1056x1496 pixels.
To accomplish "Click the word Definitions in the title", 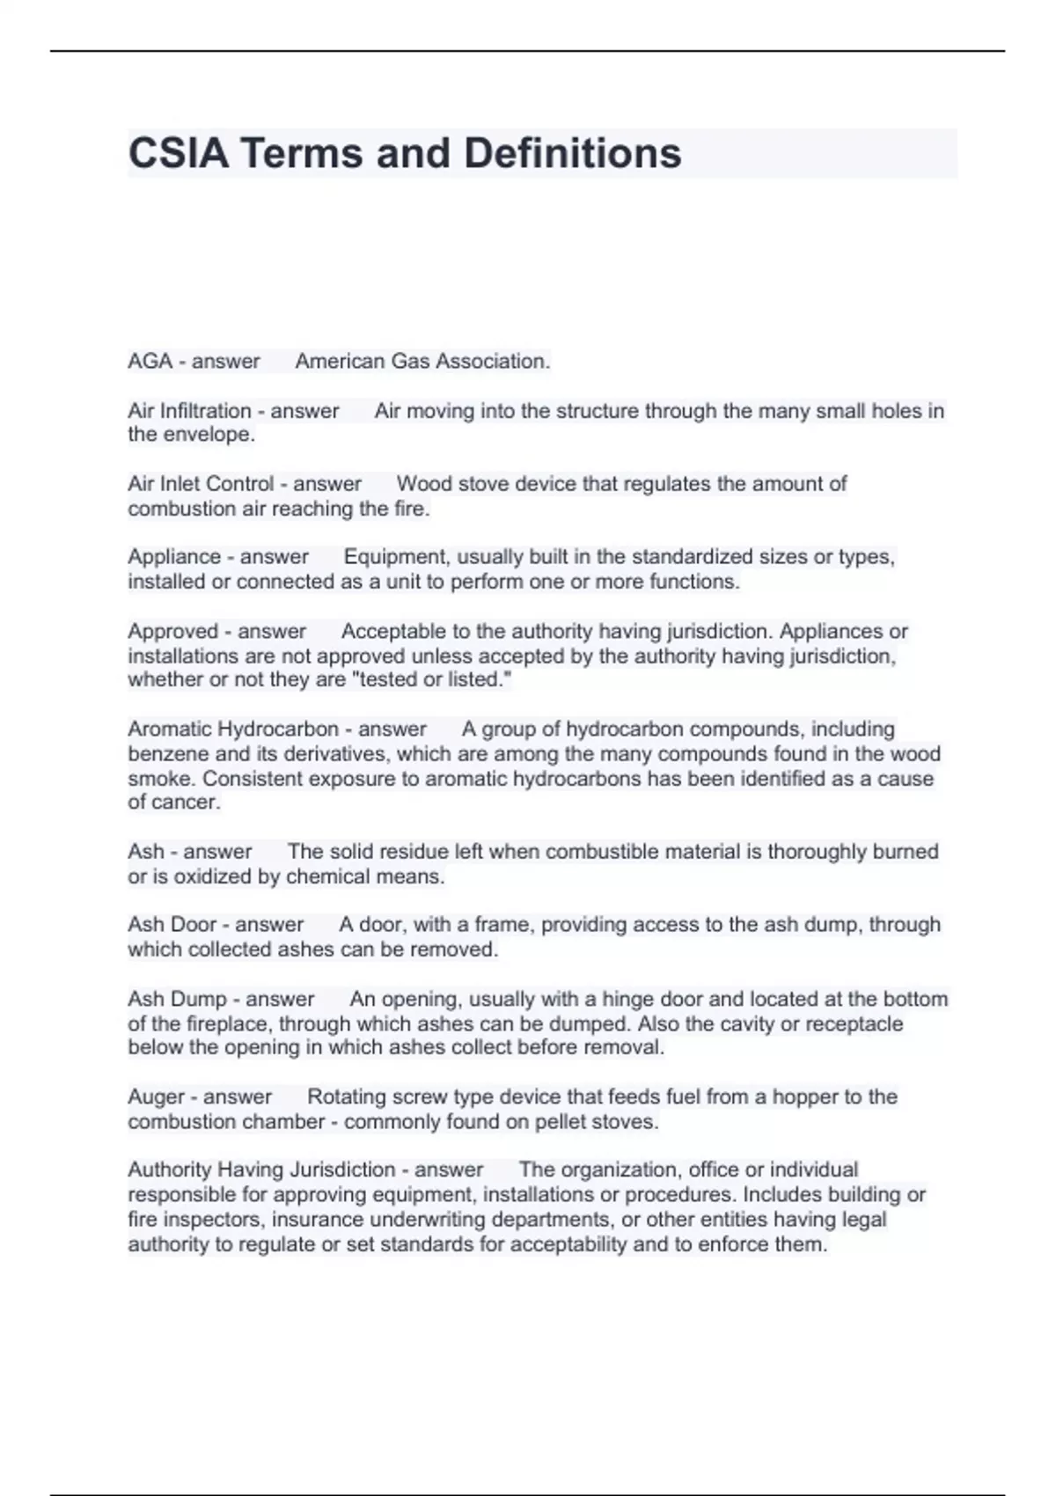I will point(572,153).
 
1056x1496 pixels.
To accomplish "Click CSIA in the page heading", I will point(179,153).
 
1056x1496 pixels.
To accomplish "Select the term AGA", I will point(150,361).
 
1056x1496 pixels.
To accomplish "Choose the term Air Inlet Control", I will point(201,484).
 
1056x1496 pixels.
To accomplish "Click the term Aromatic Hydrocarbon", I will point(233,729).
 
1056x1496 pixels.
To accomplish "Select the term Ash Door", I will point(172,925).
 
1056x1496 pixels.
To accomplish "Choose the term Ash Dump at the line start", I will point(177,999).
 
